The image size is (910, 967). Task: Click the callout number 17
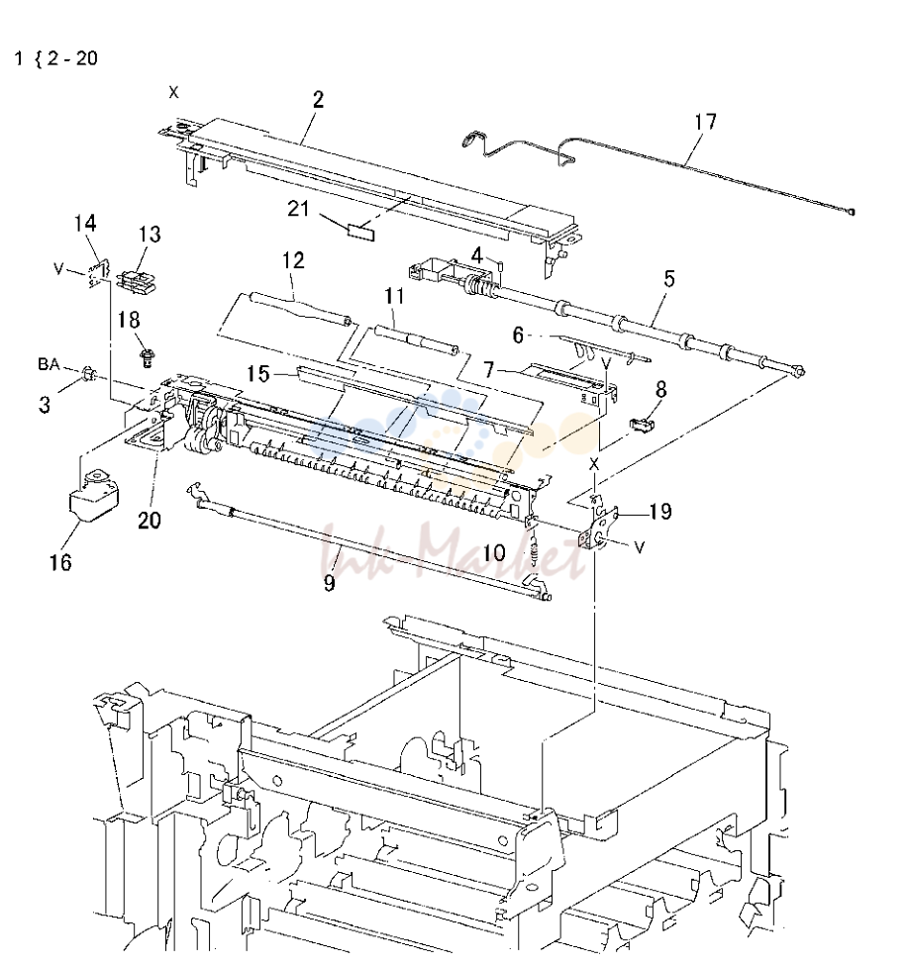point(705,122)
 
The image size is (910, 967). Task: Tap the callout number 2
point(318,99)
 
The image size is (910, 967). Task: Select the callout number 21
point(299,209)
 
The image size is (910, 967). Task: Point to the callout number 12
point(293,260)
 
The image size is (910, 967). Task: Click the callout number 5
point(669,279)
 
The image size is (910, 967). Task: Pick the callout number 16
point(60,562)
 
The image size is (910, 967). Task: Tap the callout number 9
point(329,582)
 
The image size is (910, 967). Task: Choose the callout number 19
point(660,512)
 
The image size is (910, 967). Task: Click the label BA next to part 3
point(49,364)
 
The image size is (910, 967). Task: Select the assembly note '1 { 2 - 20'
point(56,58)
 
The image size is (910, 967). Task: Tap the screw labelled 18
point(147,358)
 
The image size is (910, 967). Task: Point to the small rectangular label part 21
point(360,233)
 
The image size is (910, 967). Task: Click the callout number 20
point(149,521)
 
